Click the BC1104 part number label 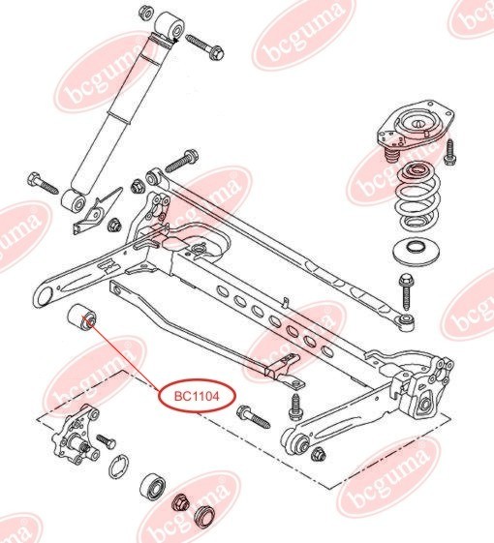[197, 396]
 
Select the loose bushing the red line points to [81, 317]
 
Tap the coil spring [419, 199]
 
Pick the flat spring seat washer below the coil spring [416, 251]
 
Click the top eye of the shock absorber [170, 26]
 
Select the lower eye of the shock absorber [73, 201]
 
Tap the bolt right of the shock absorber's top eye [205, 46]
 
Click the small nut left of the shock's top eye [146, 13]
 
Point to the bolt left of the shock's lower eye [43, 183]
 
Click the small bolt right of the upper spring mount [450, 152]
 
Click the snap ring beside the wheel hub [119, 467]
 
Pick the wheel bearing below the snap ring [152, 486]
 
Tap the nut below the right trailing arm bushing [319, 454]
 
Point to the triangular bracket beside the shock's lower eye [99, 211]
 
